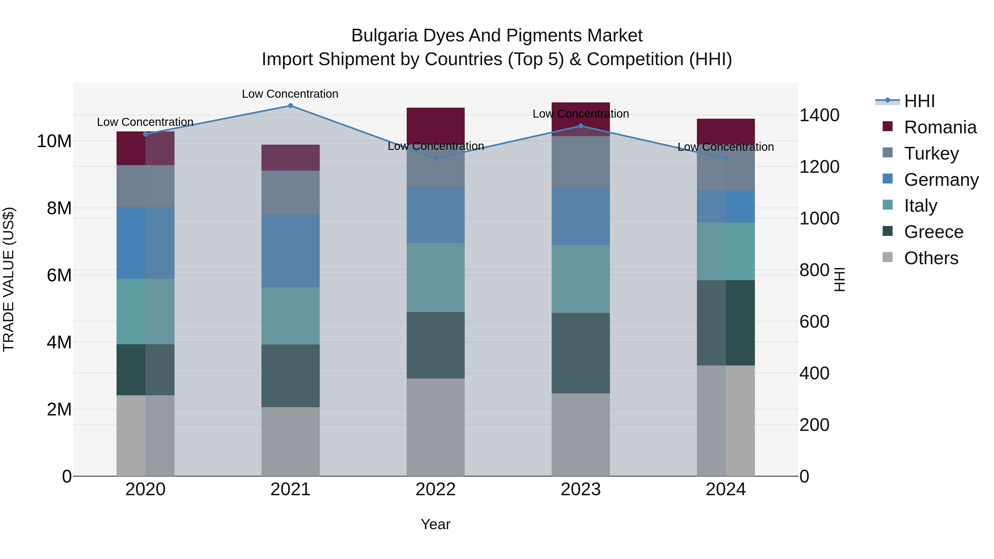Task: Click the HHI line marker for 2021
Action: point(290,106)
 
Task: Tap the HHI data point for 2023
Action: point(581,126)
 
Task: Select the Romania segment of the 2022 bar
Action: point(436,125)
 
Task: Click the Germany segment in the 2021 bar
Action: point(290,251)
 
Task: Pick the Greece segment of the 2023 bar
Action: point(581,353)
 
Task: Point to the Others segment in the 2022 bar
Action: point(436,427)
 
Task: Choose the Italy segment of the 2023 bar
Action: point(581,279)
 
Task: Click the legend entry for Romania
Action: point(940,127)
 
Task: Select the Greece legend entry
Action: point(934,232)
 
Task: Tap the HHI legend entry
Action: point(919,101)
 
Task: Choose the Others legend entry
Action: point(931,258)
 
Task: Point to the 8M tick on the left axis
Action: point(59,208)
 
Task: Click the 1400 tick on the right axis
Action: point(819,115)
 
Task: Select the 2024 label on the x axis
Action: point(725,489)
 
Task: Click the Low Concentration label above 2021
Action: point(290,94)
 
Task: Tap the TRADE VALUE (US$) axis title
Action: point(9,279)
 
